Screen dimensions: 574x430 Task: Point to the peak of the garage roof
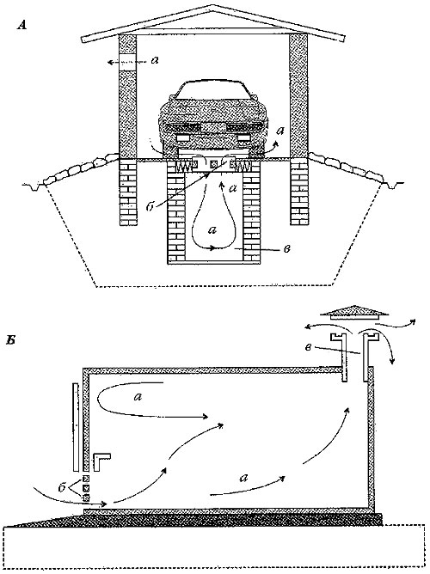(213, 8)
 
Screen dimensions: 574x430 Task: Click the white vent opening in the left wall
(126, 62)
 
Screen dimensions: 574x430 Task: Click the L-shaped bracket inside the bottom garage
(102, 463)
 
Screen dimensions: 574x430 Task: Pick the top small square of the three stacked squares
(85, 478)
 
